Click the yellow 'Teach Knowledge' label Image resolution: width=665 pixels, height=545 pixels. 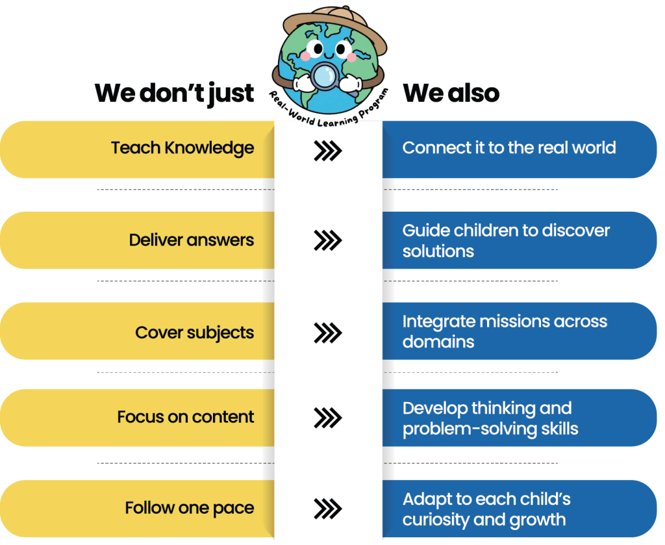coord(182,148)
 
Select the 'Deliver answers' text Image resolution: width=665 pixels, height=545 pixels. coord(192,240)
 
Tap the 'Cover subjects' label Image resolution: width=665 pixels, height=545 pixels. coord(194,333)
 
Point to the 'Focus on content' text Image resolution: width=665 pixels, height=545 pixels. coord(186,417)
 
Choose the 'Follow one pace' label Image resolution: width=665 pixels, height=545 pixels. coord(190,508)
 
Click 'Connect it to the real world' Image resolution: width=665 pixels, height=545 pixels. coord(509,148)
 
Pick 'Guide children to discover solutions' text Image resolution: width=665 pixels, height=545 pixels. coord(506,240)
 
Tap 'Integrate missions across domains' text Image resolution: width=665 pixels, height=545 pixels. coord(505,331)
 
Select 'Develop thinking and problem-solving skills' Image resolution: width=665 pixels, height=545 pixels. coord(490,418)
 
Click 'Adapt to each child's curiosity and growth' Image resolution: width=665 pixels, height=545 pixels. coord(486,509)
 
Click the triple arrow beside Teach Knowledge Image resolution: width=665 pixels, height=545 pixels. coord(328,151)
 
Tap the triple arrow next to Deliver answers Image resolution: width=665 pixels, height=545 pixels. coord(328,241)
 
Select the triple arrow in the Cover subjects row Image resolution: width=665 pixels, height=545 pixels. coord(328,333)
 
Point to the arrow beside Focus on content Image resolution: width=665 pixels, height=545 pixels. coord(328,418)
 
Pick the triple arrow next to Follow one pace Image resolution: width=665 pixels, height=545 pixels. coord(328,509)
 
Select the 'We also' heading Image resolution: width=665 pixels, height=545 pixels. coord(451,94)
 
